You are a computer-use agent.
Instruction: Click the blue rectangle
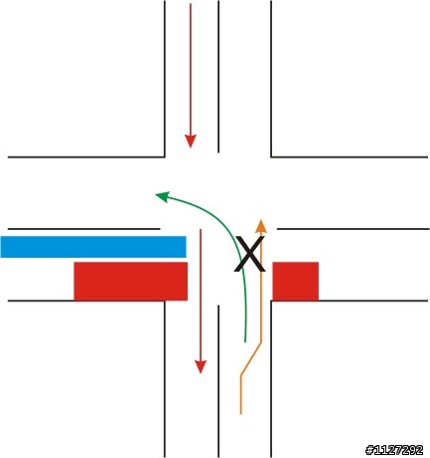tap(93, 247)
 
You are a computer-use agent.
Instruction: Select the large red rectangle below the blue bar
tap(131, 282)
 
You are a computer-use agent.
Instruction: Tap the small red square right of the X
tap(296, 282)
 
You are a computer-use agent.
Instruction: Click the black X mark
tap(250, 254)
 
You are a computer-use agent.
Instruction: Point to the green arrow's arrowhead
tap(162, 196)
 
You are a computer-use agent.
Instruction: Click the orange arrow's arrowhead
tap(261, 226)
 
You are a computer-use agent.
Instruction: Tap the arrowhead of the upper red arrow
tap(191, 141)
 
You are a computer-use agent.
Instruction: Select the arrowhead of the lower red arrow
tap(201, 367)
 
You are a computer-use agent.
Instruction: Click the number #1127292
tap(394, 450)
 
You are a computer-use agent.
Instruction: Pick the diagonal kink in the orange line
tap(251, 359)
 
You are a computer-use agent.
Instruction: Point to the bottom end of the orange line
tap(240, 413)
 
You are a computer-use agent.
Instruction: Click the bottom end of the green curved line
tap(245, 341)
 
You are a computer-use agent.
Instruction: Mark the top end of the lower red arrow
tap(201, 230)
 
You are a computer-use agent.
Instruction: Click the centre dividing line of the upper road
tap(218, 76)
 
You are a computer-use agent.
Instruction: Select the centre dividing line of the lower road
tap(218, 381)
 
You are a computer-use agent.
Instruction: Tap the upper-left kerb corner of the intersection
tap(165, 157)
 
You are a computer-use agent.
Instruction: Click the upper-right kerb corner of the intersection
tap(271, 157)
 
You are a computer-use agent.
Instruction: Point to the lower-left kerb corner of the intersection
tap(165, 301)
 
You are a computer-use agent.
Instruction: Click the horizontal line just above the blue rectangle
tap(83, 229)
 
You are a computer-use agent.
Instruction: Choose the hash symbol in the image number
tap(369, 450)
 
